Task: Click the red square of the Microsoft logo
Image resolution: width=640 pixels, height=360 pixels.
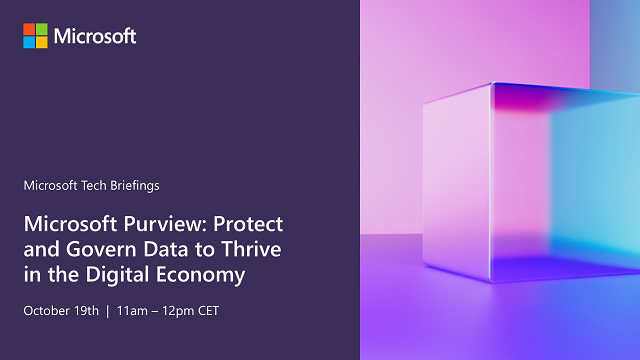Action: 29,30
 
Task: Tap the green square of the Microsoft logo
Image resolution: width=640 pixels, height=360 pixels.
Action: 41,30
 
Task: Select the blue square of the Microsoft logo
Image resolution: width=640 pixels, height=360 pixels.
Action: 29,42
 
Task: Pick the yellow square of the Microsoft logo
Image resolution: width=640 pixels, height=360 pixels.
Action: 41,42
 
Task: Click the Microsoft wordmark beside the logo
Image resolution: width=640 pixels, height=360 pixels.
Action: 95,36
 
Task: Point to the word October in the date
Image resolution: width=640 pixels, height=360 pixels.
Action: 47,310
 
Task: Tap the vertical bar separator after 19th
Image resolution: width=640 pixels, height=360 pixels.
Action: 108,310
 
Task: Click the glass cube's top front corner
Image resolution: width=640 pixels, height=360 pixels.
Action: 424,100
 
